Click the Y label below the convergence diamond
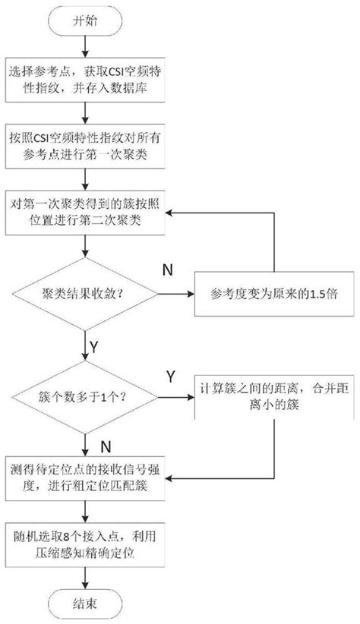(x=94, y=346)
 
